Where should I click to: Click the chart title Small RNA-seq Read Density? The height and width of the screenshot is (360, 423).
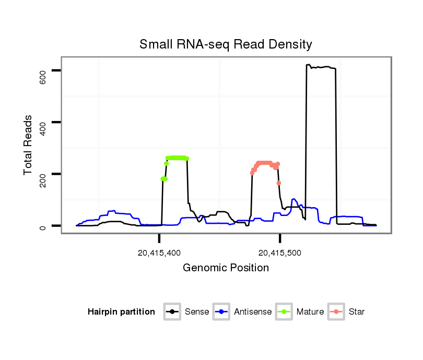tap(226, 44)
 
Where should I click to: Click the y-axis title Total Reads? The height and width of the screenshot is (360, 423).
tap(29, 145)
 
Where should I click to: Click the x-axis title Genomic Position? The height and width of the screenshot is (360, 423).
tap(226, 268)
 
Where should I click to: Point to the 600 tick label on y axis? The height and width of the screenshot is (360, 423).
tap(43, 77)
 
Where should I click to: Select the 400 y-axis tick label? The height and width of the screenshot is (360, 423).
tap(43, 128)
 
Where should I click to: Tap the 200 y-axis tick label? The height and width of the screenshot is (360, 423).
tap(43, 180)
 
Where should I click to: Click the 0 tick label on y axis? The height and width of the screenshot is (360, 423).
tap(43, 227)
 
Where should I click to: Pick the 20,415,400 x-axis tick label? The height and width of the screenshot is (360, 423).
tap(159, 253)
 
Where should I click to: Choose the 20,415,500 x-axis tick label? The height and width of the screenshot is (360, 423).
tap(280, 253)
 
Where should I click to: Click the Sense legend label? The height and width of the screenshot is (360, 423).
tap(197, 312)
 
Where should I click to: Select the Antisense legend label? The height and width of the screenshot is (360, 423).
tap(253, 312)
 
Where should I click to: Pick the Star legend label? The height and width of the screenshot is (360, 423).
tap(357, 312)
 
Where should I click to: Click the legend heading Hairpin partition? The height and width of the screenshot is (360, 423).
tap(121, 312)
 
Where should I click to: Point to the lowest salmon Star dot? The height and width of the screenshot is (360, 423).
tap(279, 183)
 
